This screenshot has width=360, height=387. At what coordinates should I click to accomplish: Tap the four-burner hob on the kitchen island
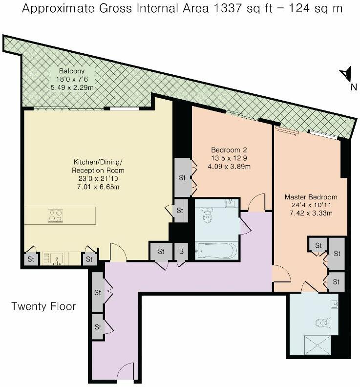[x=55, y=215]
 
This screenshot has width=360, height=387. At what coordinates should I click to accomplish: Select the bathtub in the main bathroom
[x=216, y=251]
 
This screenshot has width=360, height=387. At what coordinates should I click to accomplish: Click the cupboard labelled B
[x=181, y=252]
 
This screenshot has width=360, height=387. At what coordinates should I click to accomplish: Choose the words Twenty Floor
[x=43, y=306]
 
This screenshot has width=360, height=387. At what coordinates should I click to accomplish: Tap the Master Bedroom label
[x=311, y=197]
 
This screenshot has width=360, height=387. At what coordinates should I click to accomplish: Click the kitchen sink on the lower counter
[x=56, y=259]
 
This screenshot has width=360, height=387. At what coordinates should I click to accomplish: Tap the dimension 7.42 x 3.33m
[x=311, y=213]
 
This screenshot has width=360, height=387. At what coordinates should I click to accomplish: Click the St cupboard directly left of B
[x=161, y=252]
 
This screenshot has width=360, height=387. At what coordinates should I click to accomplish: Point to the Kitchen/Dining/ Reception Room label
[x=98, y=166]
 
